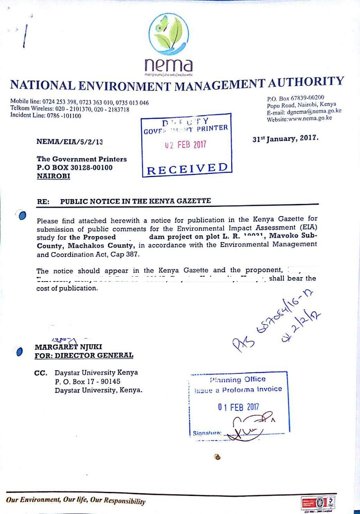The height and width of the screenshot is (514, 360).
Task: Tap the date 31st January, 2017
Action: pyautogui.click(x=285, y=138)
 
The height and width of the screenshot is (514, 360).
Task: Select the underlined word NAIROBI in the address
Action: pyautogui.click(x=53, y=176)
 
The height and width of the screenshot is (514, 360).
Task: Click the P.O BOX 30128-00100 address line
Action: pyautogui.click(x=75, y=167)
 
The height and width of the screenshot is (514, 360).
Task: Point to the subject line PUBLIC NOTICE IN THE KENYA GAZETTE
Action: pyautogui.click(x=135, y=201)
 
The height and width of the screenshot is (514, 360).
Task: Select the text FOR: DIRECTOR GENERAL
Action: pyautogui.click(x=84, y=355)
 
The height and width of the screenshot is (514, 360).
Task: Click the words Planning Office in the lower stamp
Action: pyautogui.click(x=238, y=379)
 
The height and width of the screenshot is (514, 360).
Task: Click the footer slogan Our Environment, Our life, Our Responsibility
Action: pyautogui.click(x=75, y=500)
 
